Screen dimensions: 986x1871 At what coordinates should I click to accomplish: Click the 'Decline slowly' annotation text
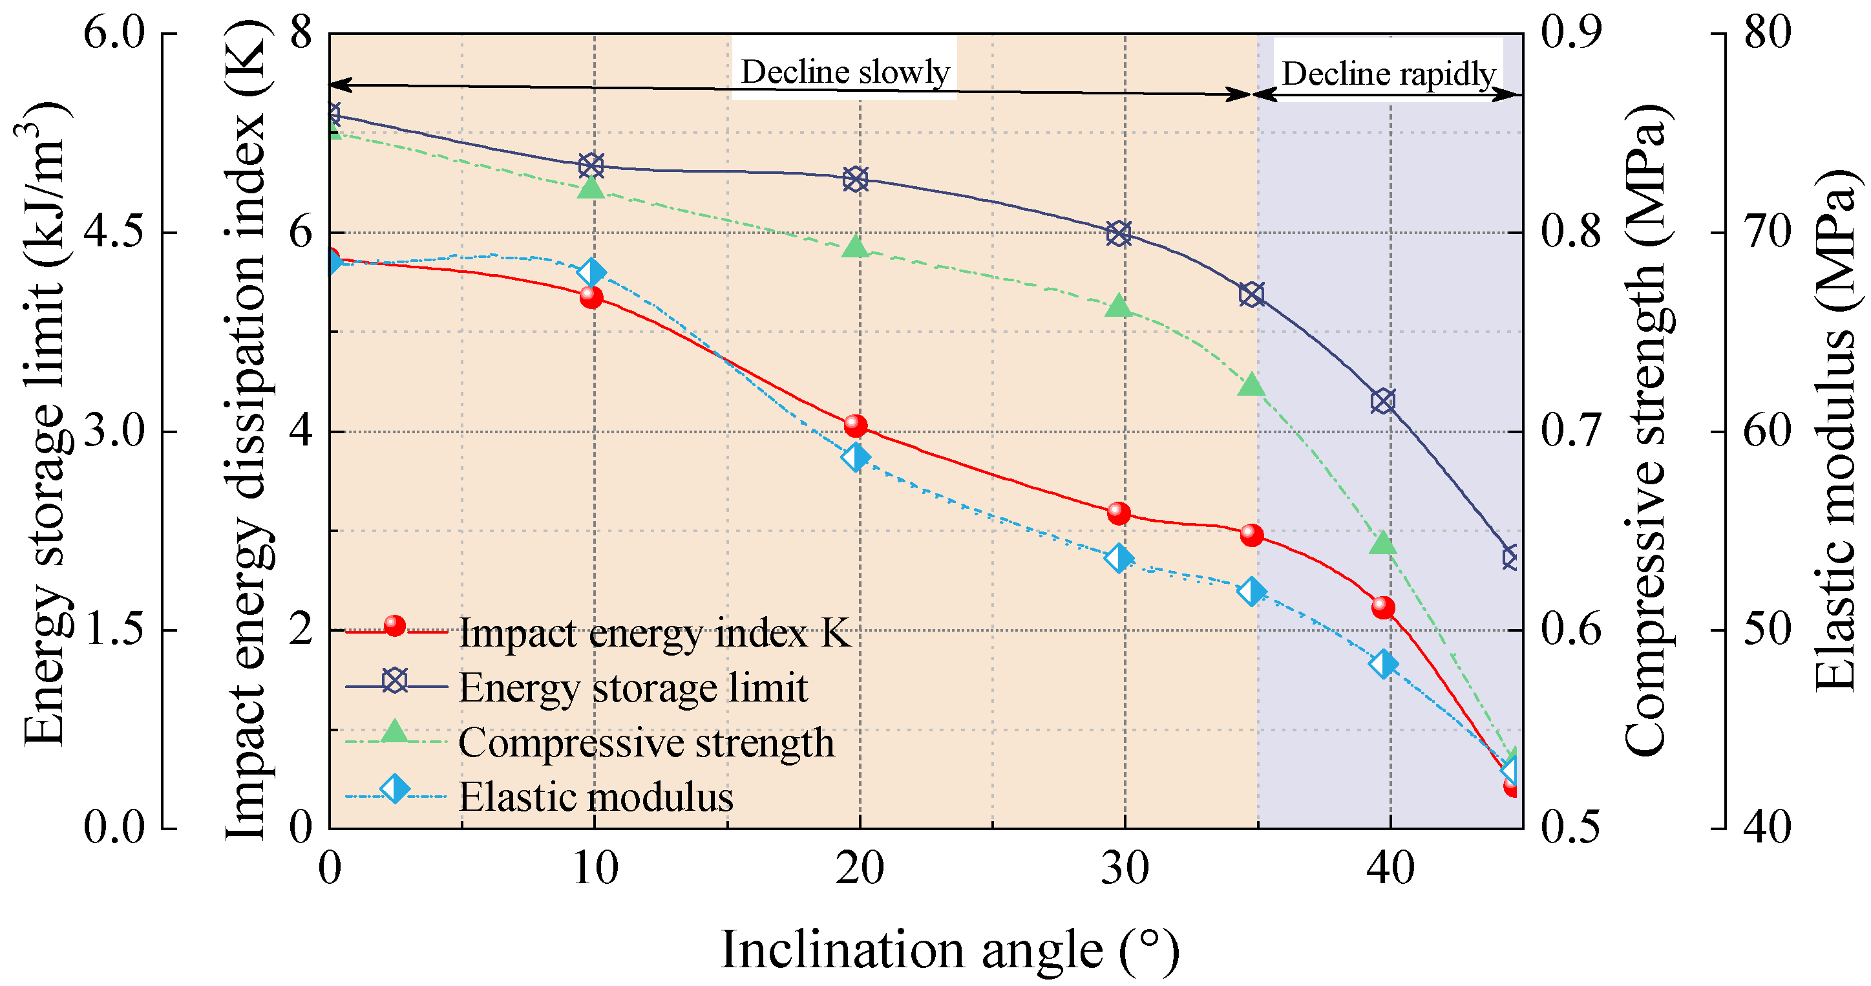point(844,72)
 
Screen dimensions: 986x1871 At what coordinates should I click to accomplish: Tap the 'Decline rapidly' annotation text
point(1388,74)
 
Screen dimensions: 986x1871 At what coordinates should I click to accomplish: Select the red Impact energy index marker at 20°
point(856,426)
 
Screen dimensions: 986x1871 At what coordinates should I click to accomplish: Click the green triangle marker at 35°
point(1251,385)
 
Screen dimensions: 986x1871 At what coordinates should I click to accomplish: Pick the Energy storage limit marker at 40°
point(1383,400)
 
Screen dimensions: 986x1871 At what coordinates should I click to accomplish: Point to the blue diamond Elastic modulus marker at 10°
point(592,272)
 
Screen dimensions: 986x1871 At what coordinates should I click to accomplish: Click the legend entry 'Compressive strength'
point(646,743)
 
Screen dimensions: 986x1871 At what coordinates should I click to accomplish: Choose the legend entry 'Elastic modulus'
point(596,797)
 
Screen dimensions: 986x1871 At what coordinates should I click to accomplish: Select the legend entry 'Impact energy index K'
point(653,633)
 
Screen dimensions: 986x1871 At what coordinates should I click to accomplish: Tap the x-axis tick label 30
point(1125,868)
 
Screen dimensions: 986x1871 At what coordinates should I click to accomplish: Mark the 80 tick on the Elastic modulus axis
point(1767,34)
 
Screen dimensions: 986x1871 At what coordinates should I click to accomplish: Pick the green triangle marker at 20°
point(856,247)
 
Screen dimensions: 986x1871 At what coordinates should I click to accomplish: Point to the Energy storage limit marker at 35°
point(1251,294)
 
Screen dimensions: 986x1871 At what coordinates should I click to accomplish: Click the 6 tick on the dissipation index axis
point(301,233)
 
